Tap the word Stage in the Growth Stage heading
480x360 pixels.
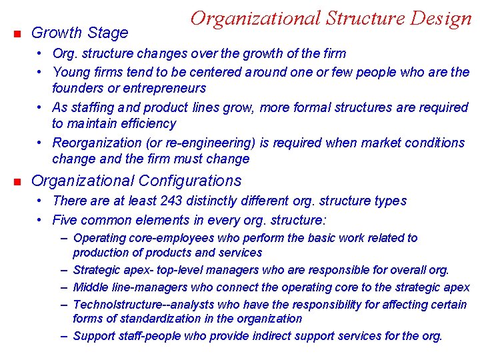point(109,33)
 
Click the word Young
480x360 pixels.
point(71,71)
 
